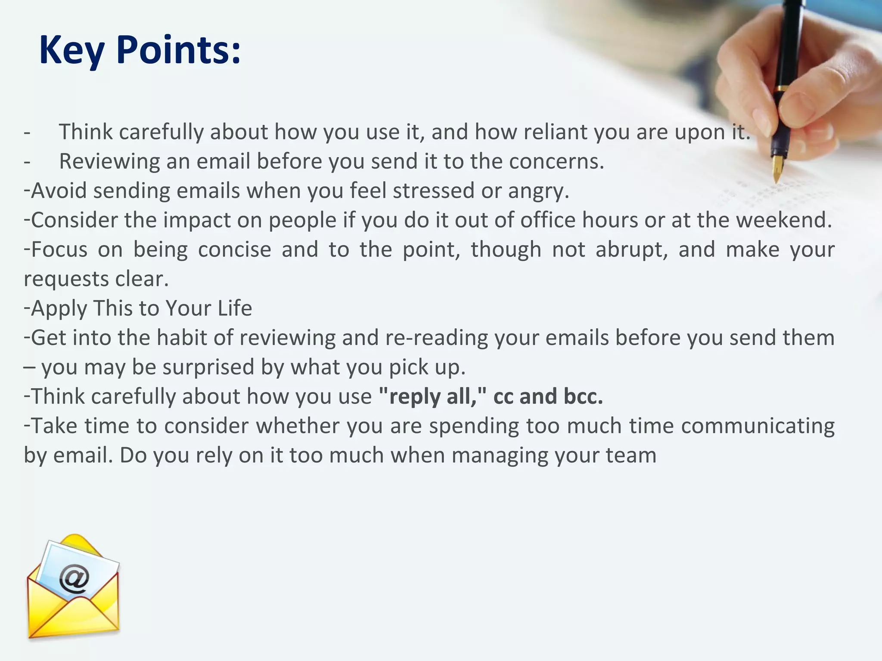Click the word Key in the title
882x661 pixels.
point(71,51)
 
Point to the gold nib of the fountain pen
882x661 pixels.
point(777,168)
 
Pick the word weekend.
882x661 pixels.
point(783,220)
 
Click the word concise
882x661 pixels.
point(234,250)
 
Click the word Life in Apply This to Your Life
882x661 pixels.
point(235,308)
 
